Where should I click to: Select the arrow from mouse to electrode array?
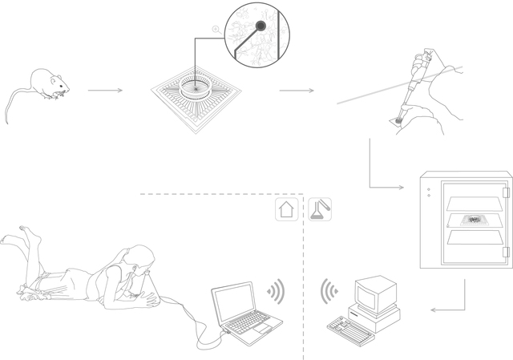(105, 91)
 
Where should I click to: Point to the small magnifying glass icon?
(215, 30)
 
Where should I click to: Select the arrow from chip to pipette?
(297, 91)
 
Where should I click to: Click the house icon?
(287, 210)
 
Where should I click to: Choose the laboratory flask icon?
(321, 210)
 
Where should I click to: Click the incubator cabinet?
(465, 224)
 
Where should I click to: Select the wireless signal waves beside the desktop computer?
(328, 290)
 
